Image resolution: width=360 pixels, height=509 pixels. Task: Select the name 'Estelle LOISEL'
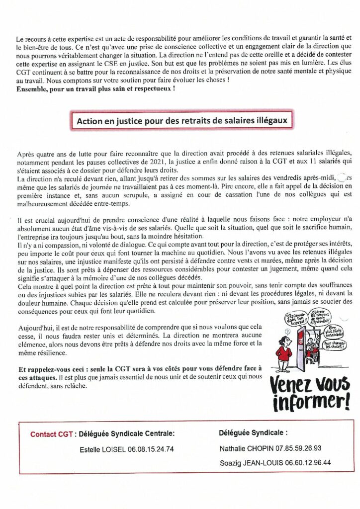click(103, 449)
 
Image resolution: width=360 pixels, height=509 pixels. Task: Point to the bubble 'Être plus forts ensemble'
click(340, 330)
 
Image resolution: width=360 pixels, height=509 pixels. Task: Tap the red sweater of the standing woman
click(284, 353)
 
